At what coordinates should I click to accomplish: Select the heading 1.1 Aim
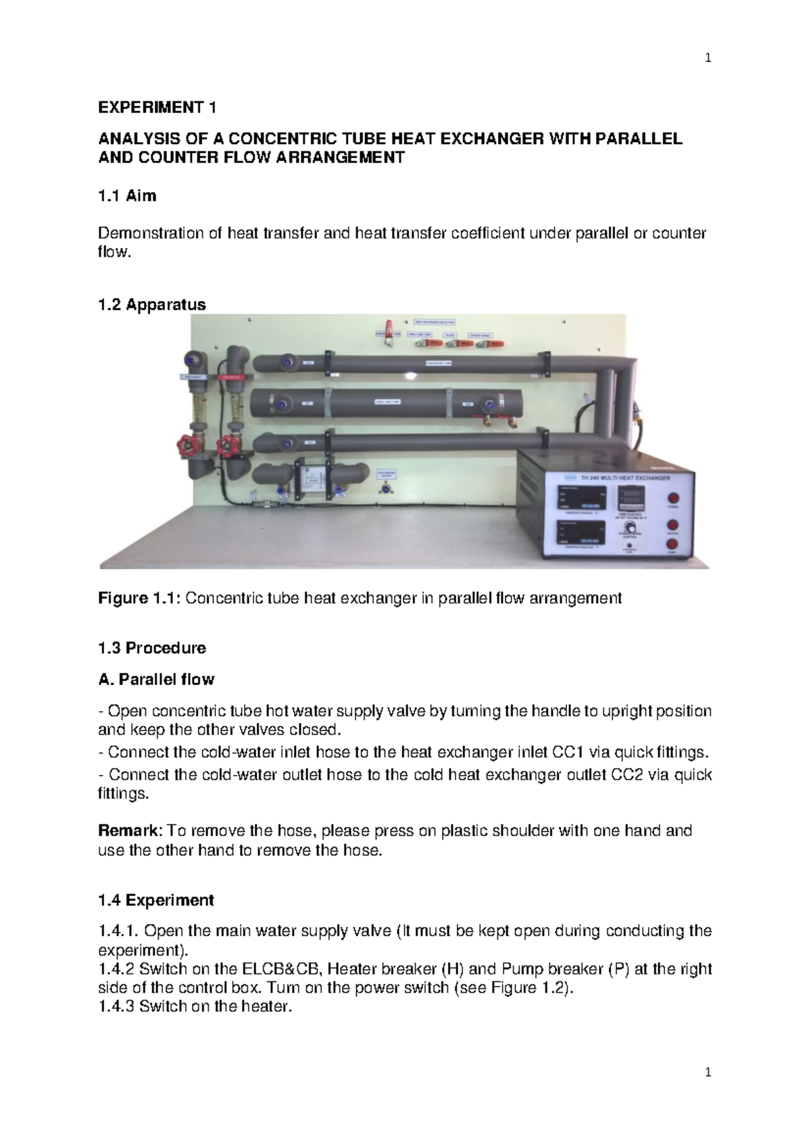click(x=127, y=196)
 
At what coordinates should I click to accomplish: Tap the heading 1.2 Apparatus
click(x=151, y=304)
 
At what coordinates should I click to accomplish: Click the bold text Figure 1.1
click(x=139, y=599)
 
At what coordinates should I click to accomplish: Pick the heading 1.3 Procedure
click(x=151, y=648)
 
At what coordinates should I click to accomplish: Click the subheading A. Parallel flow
click(x=156, y=679)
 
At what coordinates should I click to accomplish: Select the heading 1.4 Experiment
click(x=155, y=900)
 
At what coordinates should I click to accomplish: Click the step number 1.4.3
click(x=116, y=1006)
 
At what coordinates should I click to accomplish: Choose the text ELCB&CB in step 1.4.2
click(x=281, y=969)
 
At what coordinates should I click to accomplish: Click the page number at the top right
click(x=708, y=58)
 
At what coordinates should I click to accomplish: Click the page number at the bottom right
click(x=708, y=1073)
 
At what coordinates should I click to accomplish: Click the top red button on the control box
click(x=672, y=499)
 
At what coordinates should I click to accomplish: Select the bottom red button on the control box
click(x=672, y=544)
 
